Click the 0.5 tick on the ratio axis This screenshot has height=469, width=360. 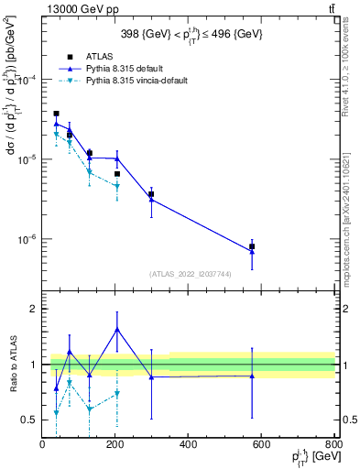pyautogui.click(x=30, y=420)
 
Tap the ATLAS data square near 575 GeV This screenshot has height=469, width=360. pyautogui.click(x=252, y=246)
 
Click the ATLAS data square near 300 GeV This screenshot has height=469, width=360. pyautogui.click(x=151, y=194)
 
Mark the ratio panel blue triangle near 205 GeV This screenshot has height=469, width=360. pyautogui.click(x=117, y=329)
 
